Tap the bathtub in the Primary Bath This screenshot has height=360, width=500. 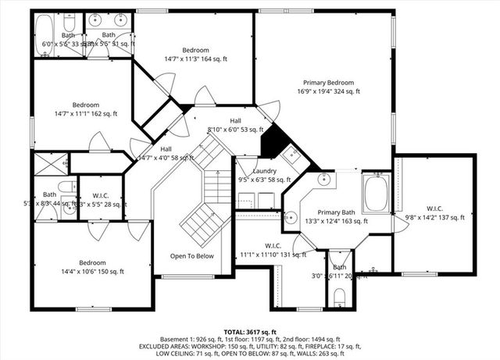tap(375, 194)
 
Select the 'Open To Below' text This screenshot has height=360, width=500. tap(192, 256)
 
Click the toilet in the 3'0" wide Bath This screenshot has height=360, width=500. tap(339, 296)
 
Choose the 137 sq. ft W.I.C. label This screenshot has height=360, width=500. tap(434, 208)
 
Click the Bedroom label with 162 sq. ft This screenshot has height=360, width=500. tap(86, 105)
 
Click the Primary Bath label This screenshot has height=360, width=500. tap(336, 212)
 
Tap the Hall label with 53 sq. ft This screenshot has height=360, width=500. tap(235, 120)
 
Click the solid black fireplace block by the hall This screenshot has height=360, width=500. tap(270, 141)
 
